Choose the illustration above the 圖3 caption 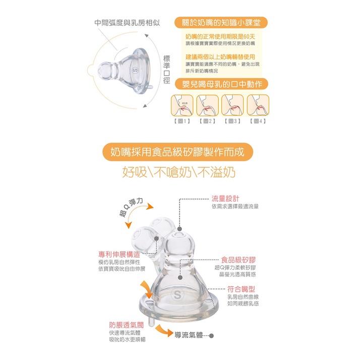coord(232,104)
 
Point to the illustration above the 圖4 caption coord(258,104)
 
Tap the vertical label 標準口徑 coord(167,70)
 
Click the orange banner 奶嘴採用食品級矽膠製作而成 coord(179,151)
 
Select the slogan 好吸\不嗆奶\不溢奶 coord(179,171)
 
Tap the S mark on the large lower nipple coord(177,292)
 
